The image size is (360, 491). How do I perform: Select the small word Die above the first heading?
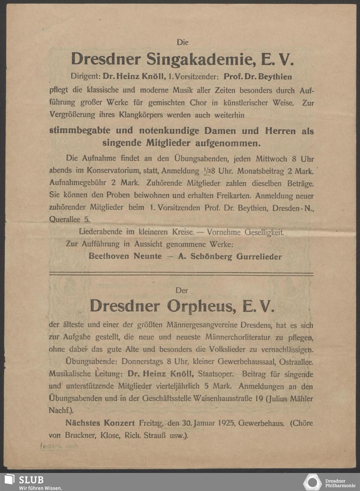183,42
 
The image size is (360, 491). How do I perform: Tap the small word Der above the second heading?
182,290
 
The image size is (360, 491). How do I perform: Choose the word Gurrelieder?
259,256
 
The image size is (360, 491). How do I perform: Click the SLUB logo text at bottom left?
31,480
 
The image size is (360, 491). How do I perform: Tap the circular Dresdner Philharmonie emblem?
312,482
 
